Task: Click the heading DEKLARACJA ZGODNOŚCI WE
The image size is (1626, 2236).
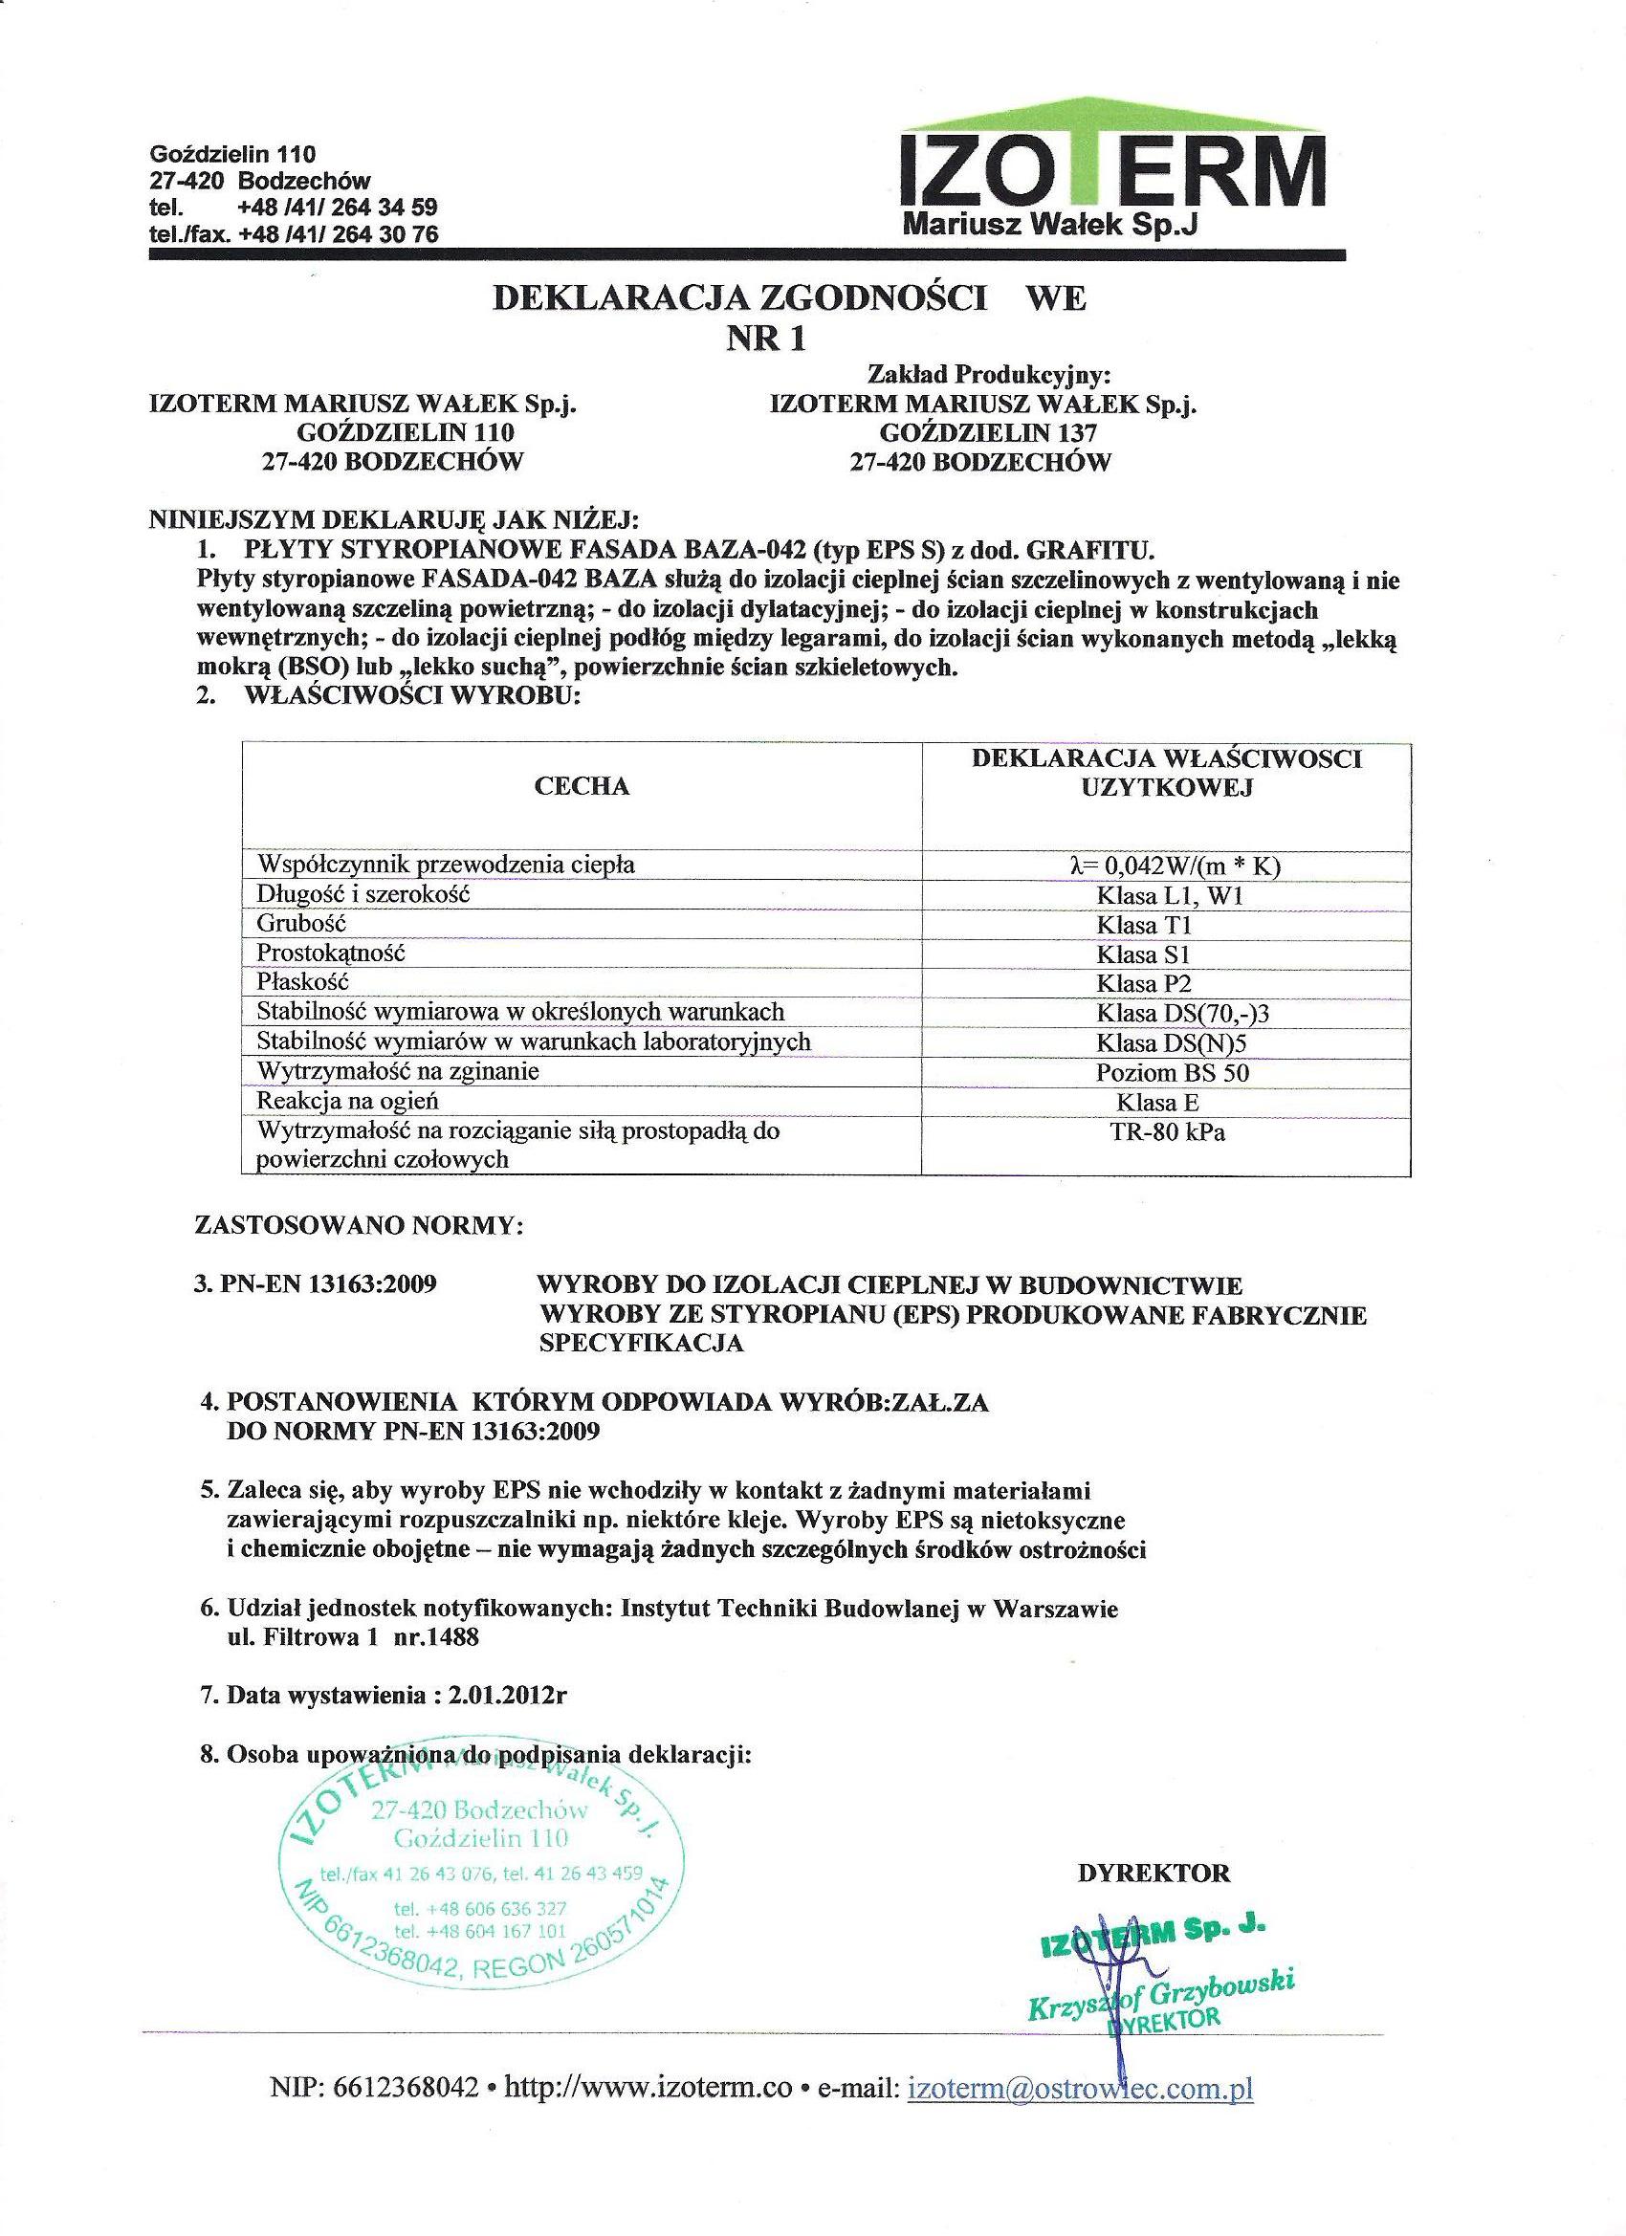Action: click(x=789, y=298)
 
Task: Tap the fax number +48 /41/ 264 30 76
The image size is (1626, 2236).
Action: click(x=339, y=233)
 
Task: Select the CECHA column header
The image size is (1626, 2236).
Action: click(x=581, y=786)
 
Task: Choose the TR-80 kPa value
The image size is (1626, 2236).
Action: click(x=1167, y=1131)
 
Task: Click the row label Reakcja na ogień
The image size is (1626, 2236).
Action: click(x=347, y=1101)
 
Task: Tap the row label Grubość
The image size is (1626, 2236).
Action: click(x=301, y=924)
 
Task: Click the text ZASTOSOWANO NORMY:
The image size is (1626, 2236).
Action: click(x=359, y=1226)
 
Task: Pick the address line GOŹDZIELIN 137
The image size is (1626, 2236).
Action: click(x=988, y=432)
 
